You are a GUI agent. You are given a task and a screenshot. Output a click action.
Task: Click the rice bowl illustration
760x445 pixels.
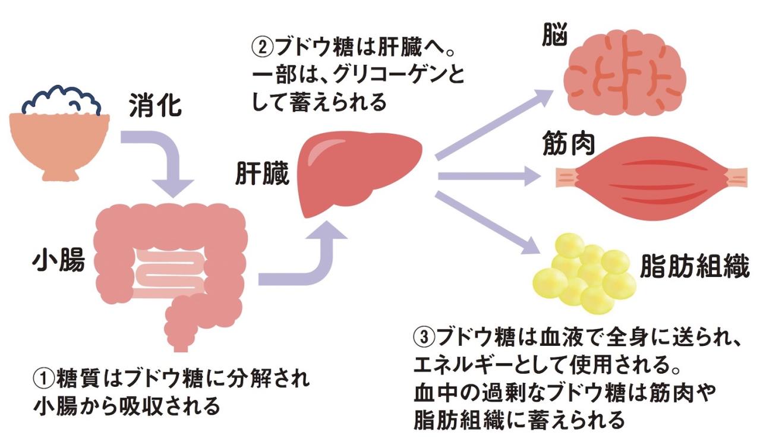59,134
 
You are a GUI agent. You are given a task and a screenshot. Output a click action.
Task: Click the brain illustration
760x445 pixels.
624,71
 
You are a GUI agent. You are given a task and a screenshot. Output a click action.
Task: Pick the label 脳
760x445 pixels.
554,37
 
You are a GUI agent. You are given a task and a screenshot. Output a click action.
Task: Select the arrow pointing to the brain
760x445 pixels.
493,125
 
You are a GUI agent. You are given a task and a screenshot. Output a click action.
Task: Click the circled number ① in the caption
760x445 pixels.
43,378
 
